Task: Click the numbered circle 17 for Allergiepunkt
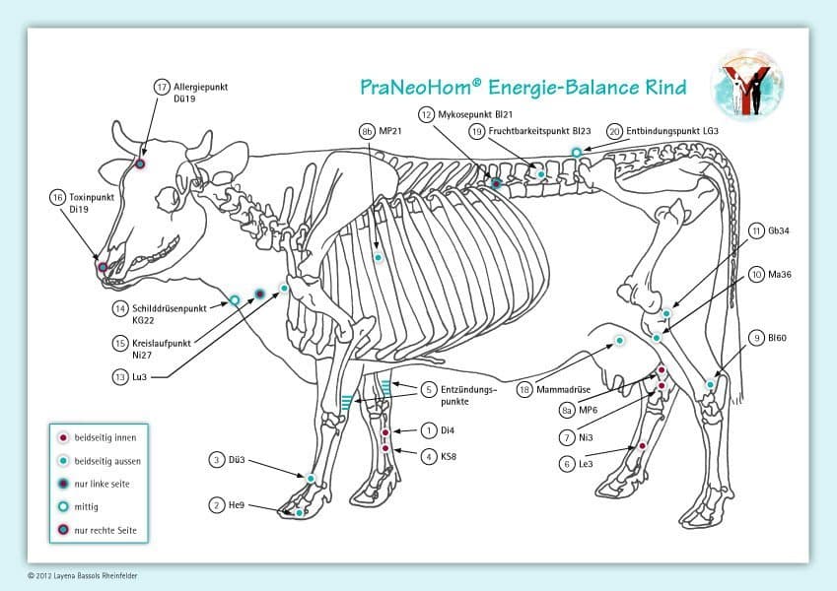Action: (163, 87)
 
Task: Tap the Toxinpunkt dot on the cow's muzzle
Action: (103, 266)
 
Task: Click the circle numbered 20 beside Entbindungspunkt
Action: (614, 130)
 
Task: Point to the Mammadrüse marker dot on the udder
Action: (620, 341)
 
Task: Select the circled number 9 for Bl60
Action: (756, 338)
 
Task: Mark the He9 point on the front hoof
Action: (300, 512)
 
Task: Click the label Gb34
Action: (778, 230)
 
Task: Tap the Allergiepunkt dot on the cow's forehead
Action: (140, 164)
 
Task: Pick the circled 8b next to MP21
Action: (367, 130)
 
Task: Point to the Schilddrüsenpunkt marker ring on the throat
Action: (236, 298)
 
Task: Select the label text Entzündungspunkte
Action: (468, 395)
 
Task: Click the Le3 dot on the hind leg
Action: (643, 446)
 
